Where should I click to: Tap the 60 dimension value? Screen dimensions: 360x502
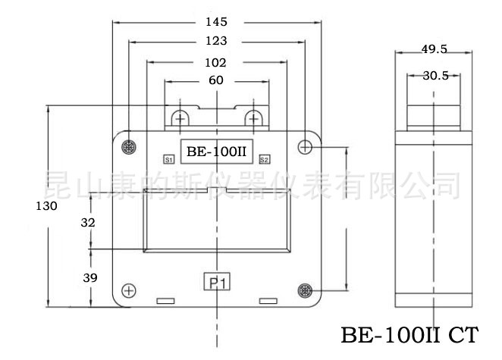coord(216,80)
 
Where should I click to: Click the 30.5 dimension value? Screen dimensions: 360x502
coord(435,75)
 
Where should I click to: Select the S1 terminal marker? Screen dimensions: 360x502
coord(169,160)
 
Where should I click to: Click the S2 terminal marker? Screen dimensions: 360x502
coord(264,159)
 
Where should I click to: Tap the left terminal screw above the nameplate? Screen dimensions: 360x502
coord(180,118)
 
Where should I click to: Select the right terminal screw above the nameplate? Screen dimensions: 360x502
coord(254,118)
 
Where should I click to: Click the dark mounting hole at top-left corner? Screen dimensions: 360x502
coord(128,146)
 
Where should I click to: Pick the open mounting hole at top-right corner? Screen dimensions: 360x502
coord(305,146)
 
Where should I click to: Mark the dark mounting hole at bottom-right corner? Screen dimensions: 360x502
coord(305,290)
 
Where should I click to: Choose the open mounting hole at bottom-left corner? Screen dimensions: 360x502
coord(129,290)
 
